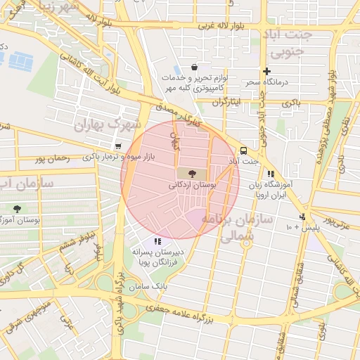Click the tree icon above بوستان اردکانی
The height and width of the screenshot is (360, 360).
click(192, 173)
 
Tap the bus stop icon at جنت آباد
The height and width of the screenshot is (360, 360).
click(243, 150)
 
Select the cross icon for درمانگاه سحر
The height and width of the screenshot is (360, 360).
click(266, 71)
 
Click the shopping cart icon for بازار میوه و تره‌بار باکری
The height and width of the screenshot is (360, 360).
click(117, 146)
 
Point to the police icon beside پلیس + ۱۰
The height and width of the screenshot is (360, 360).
click(302, 217)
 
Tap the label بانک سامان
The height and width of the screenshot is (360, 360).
click(150, 287)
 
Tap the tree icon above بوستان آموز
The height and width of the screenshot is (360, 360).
click(17, 209)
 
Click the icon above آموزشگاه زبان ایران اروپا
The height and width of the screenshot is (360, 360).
click(271, 174)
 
